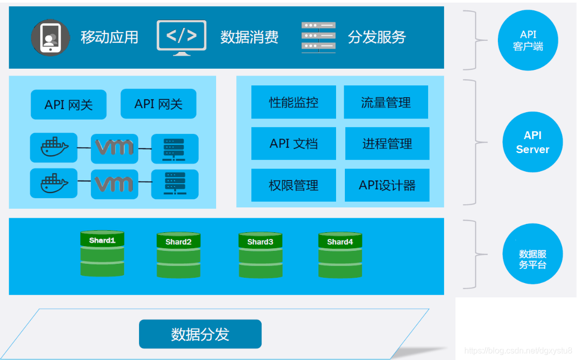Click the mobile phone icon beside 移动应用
tap(50, 38)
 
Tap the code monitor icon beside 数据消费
tap(181, 37)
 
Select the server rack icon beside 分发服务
tap(318, 37)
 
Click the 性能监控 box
tap(294, 102)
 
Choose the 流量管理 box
tap(386, 102)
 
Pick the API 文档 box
tap(294, 144)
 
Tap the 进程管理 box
tap(387, 144)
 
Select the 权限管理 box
tap(294, 185)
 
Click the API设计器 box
tap(387, 185)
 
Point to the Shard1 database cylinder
tap(102, 254)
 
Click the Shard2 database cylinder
tap(178, 256)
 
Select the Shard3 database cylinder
tap(260, 256)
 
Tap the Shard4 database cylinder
tap(340, 256)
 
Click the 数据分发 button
tap(200, 334)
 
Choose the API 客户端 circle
tap(528, 40)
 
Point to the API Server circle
tap(533, 142)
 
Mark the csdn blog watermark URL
tap(518, 351)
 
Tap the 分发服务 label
tap(377, 37)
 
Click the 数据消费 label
tap(249, 37)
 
